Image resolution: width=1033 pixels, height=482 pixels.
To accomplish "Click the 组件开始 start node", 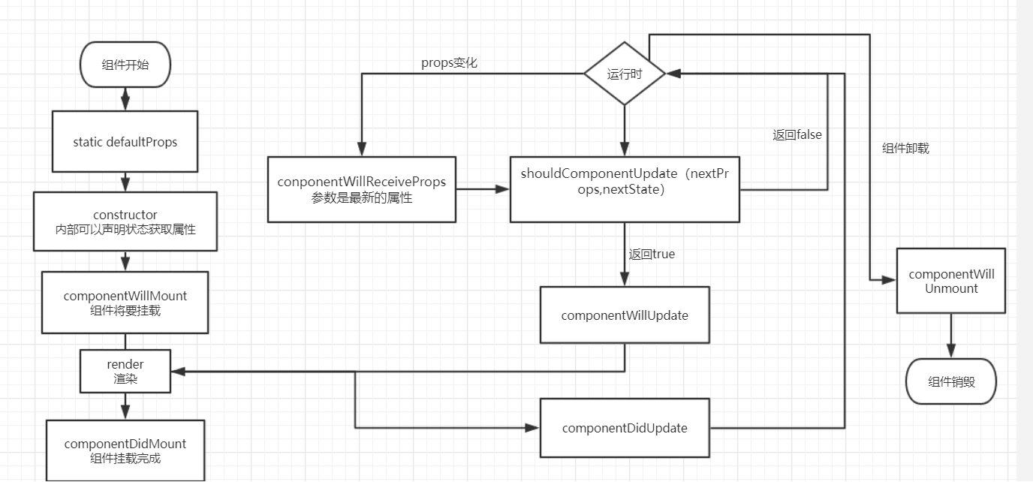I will tap(125, 65).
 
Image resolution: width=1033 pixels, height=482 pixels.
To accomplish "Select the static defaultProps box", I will tap(125, 142).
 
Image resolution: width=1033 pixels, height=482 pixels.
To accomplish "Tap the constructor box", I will tap(125, 221).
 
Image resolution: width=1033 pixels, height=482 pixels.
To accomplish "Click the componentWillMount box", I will tap(125, 302).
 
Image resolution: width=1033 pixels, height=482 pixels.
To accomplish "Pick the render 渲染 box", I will tap(125, 371).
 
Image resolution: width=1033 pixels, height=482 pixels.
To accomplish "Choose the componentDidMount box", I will tap(125, 450).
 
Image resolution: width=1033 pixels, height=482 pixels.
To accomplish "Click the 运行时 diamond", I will tap(625, 74).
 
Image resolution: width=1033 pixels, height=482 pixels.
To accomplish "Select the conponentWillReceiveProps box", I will tap(362, 189).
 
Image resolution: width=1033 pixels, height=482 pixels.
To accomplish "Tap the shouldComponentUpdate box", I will tap(625, 189).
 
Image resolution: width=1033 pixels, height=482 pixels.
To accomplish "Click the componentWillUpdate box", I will tap(625, 315).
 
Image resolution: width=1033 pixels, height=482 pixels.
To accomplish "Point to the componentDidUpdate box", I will tap(625, 428).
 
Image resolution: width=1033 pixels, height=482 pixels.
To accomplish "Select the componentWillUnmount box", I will tap(951, 281).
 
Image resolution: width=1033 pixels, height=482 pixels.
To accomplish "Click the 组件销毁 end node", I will tap(951, 381).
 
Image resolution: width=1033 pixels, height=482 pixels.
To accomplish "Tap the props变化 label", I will tap(449, 63).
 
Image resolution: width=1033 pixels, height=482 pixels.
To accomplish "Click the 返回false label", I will tap(797, 135).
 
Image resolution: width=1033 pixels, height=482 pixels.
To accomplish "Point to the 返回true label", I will tap(652, 255).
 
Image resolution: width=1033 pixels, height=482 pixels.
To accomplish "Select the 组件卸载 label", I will tap(905, 149).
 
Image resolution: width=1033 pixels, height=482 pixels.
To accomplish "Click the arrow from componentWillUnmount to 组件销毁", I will tap(951, 336).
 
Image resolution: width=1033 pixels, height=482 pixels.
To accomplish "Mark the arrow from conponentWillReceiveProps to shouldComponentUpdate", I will tap(483, 189).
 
